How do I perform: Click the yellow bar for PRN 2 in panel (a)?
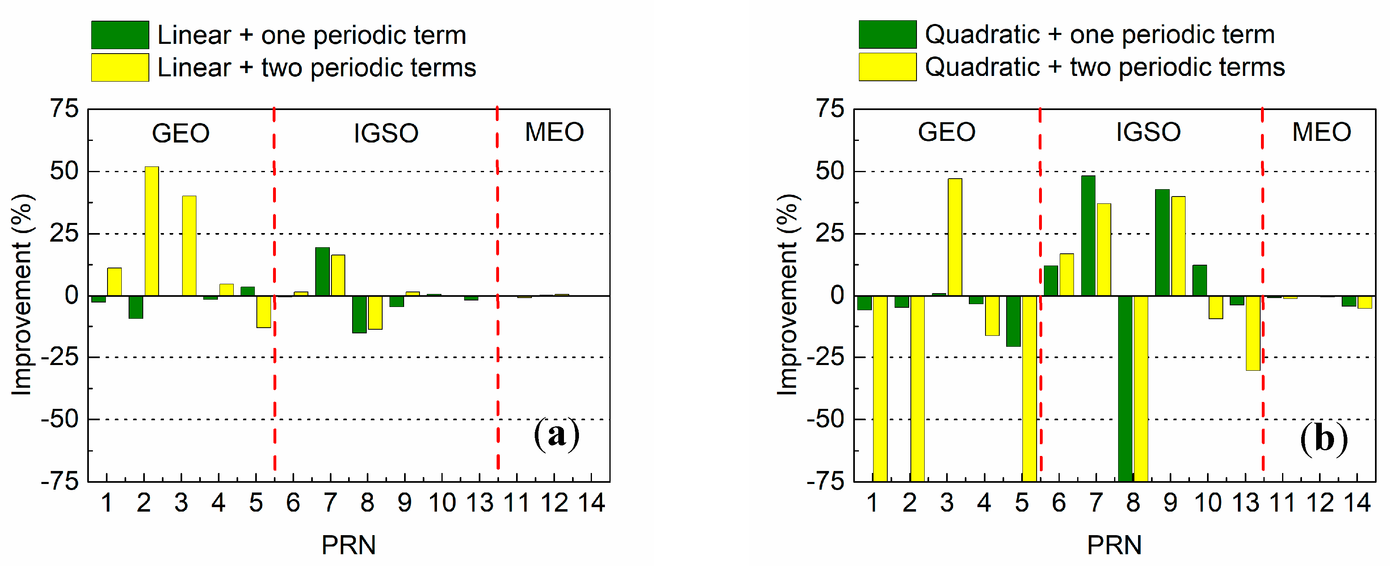[152, 231]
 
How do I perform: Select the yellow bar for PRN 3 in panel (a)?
[189, 246]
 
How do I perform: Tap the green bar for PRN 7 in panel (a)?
[322, 272]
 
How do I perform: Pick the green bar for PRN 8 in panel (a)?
[359, 314]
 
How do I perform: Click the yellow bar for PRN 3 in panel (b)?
[955, 237]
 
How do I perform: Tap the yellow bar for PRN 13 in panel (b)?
[1253, 333]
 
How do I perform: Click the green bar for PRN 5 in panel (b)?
[1013, 321]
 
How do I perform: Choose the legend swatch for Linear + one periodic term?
[120, 35]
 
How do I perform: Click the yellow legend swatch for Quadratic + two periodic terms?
[887, 67]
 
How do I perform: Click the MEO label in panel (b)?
[1321, 132]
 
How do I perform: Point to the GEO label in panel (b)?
[947, 132]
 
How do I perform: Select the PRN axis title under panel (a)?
[349, 545]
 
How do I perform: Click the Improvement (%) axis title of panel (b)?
[788, 295]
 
